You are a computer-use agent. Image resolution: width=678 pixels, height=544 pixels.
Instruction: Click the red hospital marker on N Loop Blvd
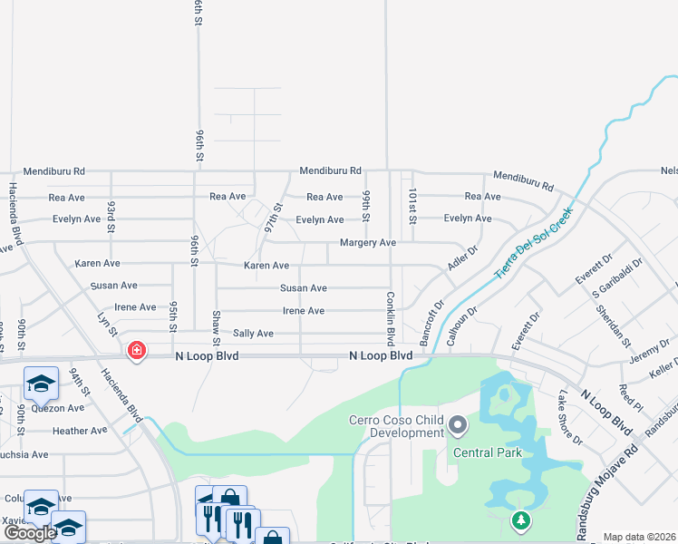click(137, 350)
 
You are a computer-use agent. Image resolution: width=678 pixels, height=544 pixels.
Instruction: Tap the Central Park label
click(489, 452)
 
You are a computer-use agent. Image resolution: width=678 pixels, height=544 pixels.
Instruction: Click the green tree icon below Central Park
click(520, 520)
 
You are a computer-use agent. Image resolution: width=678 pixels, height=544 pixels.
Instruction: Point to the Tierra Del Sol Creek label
click(534, 242)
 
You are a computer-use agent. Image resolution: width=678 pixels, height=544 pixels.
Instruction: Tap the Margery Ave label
click(368, 243)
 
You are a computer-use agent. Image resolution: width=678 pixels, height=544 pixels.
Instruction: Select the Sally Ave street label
click(253, 334)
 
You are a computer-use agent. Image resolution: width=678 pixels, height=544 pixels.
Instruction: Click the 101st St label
click(412, 207)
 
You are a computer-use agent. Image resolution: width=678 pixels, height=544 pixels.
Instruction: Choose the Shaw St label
click(216, 327)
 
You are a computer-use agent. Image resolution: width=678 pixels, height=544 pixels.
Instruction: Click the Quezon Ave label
click(57, 408)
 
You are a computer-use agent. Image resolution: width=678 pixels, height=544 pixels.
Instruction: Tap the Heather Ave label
click(80, 431)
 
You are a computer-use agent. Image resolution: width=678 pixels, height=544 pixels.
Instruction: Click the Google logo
click(30, 533)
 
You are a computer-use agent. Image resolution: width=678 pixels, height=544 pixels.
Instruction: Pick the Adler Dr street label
click(463, 257)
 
